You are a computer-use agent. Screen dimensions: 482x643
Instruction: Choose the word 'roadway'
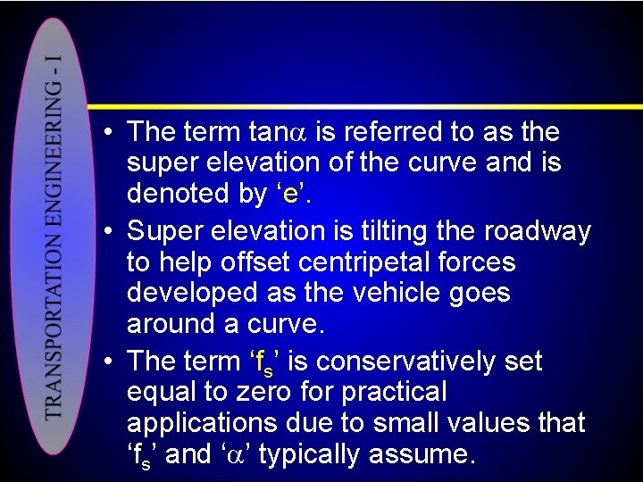[x=538, y=232]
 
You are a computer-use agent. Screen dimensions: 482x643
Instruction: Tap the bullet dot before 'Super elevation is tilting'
[x=108, y=232]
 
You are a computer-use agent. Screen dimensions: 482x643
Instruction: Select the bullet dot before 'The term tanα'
[x=108, y=133]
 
